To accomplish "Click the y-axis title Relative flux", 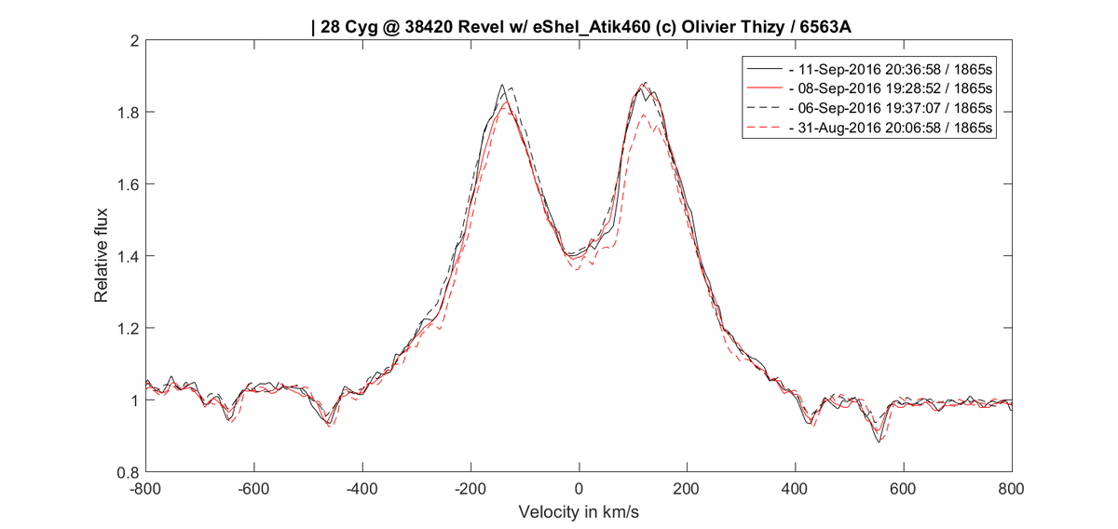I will (102, 257).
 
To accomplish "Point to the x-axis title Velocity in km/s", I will (579, 513).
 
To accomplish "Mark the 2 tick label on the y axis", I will (134, 41).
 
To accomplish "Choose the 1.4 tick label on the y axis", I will (128, 256).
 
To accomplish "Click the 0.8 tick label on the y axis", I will (128, 472).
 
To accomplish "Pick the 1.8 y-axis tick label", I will (128, 113).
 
